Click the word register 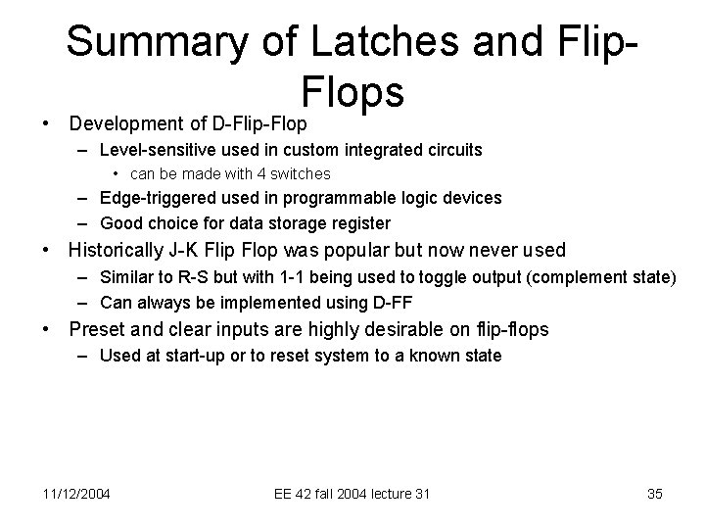click(360, 222)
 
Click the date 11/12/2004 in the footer click(76, 494)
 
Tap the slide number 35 click(654, 494)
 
